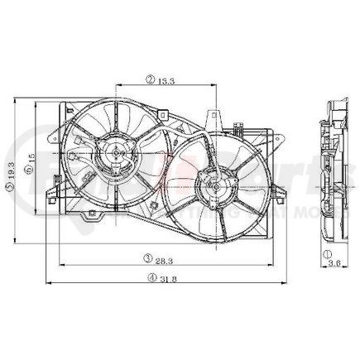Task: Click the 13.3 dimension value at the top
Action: (163, 80)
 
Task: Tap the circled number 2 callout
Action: (150, 80)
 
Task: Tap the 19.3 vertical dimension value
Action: (10, 176)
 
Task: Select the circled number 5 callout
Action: (10, 190)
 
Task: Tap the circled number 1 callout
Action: (329, 253)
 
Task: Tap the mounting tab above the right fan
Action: (213, 118)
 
